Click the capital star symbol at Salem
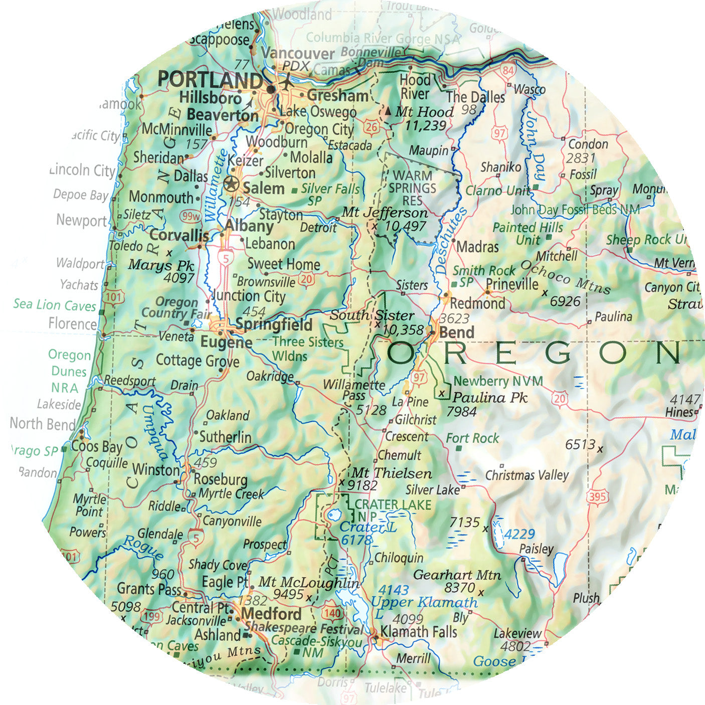click(231, 184)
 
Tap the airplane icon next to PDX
click(286, 82)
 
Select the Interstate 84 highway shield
click(507, 70)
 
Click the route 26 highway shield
click(371, 126)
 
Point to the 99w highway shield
click(191, 216)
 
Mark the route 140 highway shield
click(332, 613)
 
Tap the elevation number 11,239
click(425, 125)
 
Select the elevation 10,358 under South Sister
click(403, 329)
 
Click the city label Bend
click(456, 332)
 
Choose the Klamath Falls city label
click(419, 632)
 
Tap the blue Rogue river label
click(143, 547)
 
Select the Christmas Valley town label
click(527, 475)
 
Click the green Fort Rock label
click(472, 438)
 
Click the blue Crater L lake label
click(368, 527)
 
